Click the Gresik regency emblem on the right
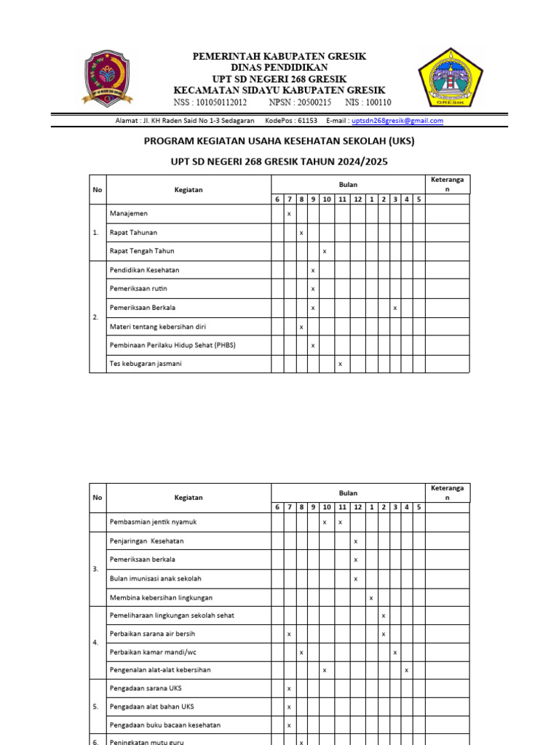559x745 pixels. [x=449, y=76]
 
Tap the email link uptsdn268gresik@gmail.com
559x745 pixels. [x=397, y=121]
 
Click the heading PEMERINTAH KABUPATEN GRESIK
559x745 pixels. [x=279, y=56]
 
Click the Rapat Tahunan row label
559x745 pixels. [x=133, y=233]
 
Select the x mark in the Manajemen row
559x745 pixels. [x=289, y=214]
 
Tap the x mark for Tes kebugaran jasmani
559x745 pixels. [x=340, y=364]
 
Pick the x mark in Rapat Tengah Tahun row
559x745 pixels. [x=325, y=251]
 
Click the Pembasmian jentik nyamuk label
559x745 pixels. [x=153, y=522]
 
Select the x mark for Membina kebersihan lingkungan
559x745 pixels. [x=370, y=598]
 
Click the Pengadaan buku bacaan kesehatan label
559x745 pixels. [x=164, y=725]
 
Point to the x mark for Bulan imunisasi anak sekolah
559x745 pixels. [x=355, y=579]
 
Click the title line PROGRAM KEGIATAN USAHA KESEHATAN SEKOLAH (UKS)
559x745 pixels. [x=279, y=141]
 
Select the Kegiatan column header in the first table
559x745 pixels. [x=189, y=190]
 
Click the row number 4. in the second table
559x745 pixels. [x=96, y=643]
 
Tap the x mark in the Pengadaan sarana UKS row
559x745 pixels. [x=289, y=688]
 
